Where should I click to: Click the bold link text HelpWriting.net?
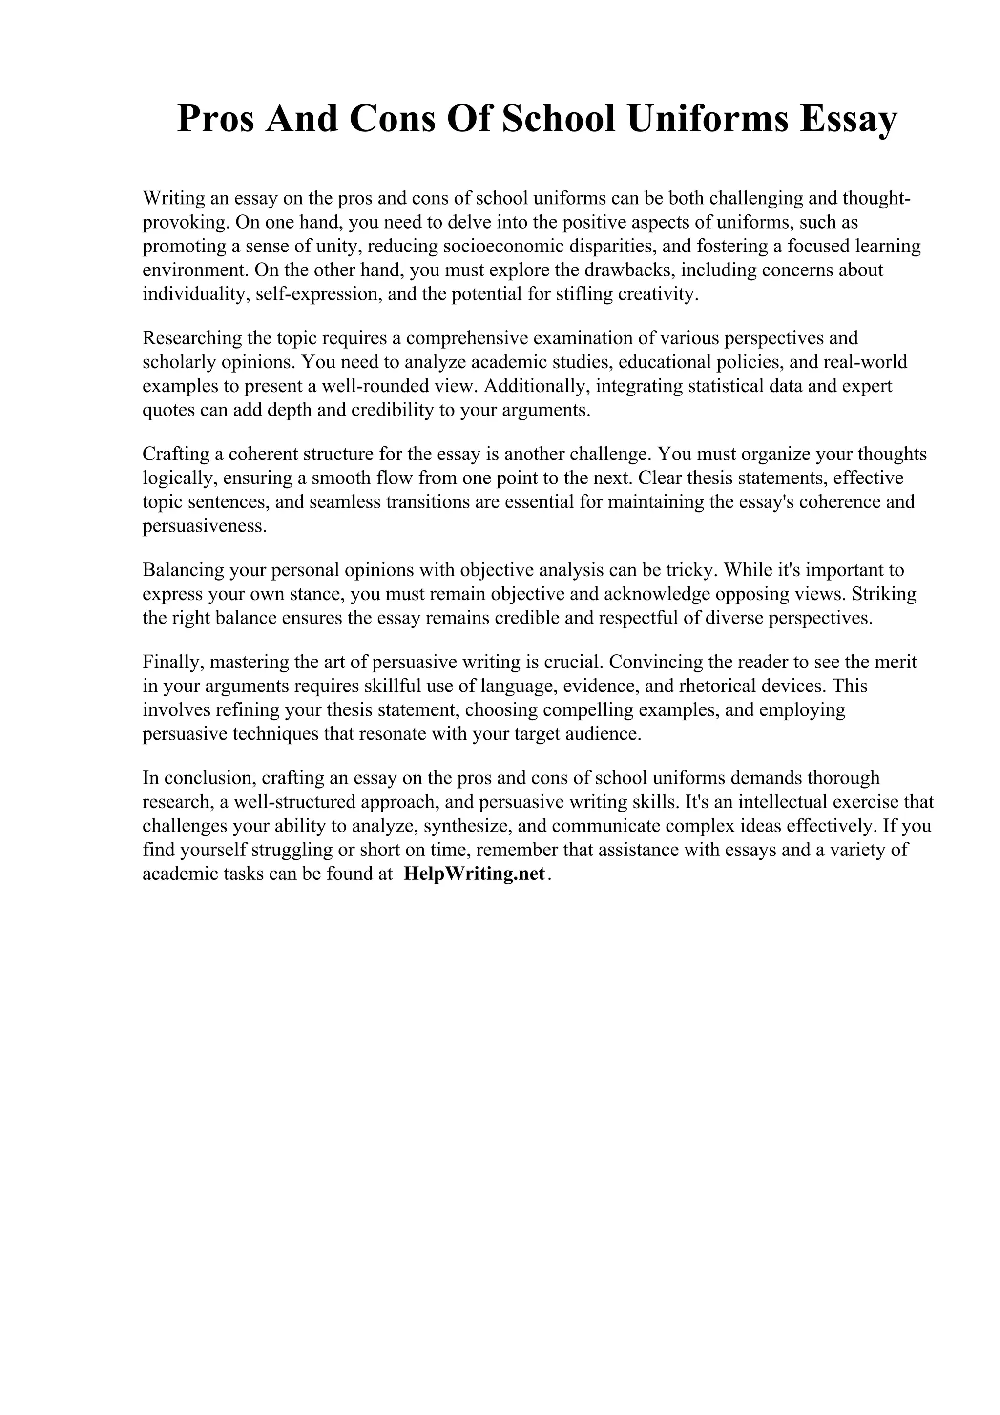[x=475, y=874]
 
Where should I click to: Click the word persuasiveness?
[x=205, y=526]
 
